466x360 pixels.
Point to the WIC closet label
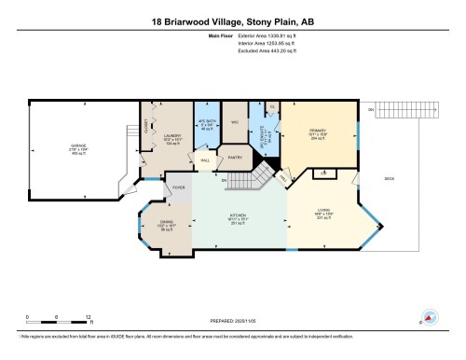click(236, 122)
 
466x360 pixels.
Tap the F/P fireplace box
click(322, 173)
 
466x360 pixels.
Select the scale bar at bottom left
click(57, 321)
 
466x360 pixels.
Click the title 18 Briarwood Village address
click(232, 20)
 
